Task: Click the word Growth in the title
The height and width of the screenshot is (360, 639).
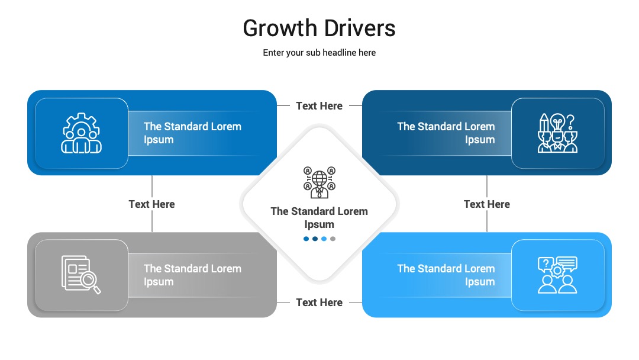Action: (280, 28)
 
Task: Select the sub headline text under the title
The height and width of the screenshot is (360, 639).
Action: (319, 53)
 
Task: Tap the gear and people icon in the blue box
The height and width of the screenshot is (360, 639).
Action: (82, 133)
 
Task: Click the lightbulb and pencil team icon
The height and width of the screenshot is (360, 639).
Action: (557, 133)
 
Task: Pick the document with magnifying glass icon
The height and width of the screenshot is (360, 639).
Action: (81, 274)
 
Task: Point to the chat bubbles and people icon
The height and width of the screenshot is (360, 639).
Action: (557, 275)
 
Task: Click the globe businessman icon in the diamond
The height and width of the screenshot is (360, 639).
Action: (319, 182)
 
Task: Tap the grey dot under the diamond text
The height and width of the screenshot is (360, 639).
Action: (333, 239)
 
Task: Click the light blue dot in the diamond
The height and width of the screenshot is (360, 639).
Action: (324, 239)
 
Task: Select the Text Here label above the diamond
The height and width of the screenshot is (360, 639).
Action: (319, 106)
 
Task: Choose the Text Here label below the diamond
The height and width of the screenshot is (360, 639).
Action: (319, 303)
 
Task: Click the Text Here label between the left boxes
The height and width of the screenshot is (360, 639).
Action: (151, 204)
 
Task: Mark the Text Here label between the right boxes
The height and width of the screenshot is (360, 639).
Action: (486, 204)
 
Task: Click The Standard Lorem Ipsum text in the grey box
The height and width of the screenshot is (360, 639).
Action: (192, 275)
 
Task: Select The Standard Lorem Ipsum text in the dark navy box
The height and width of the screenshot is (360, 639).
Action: (446, 133)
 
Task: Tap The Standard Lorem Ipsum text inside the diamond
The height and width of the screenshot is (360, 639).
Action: (319, 218)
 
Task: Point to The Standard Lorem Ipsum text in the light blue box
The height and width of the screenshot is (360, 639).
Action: (446, 275)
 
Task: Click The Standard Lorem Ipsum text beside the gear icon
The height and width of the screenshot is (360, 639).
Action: (192, 133)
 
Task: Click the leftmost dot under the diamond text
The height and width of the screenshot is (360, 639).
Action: (306, 239)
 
